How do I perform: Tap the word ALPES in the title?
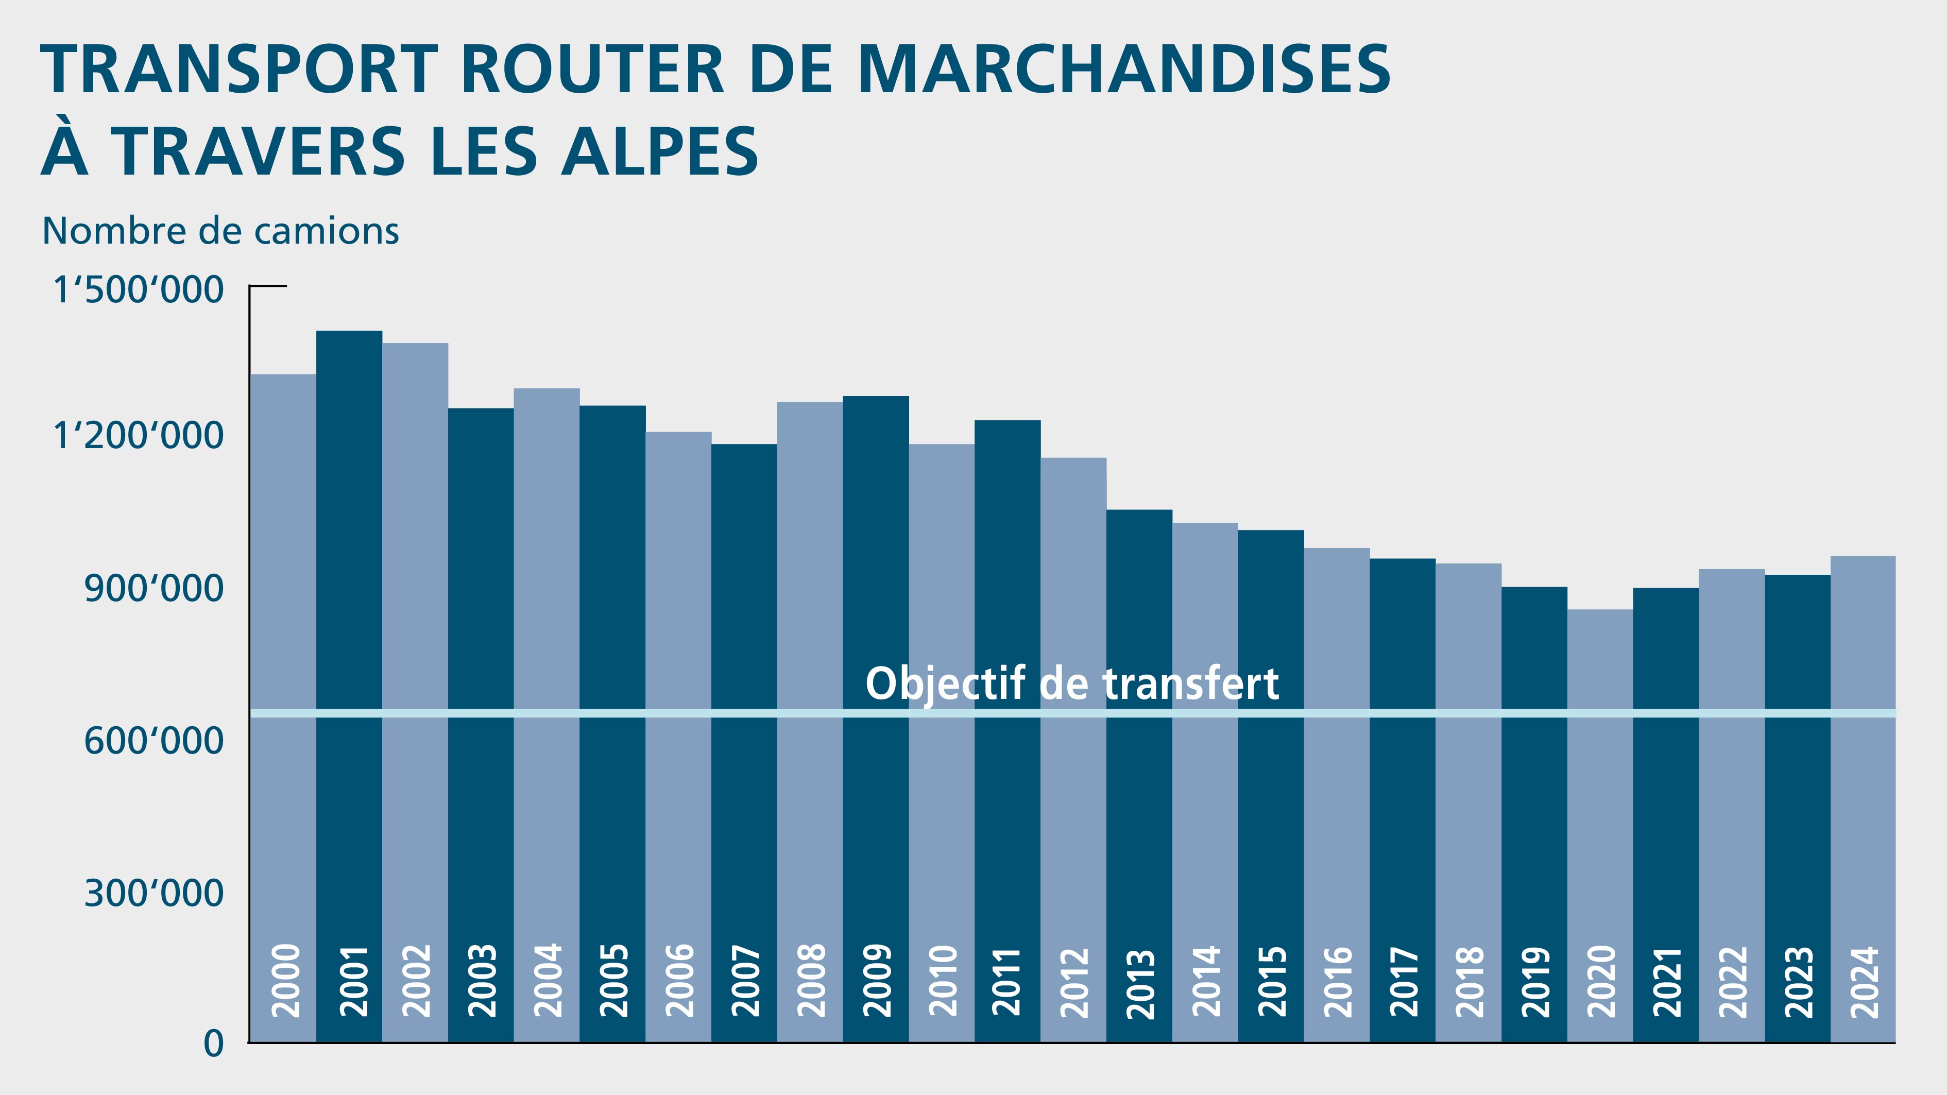point(659,152)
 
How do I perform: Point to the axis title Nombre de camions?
point(220,231)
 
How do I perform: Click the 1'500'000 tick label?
point(139,290)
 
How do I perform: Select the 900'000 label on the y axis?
point(153,589)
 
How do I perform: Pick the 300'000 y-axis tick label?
point(153,893)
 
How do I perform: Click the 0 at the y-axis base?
point(214,1043)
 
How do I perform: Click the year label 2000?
point(284,980)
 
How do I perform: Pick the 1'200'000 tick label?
point(139,436)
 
